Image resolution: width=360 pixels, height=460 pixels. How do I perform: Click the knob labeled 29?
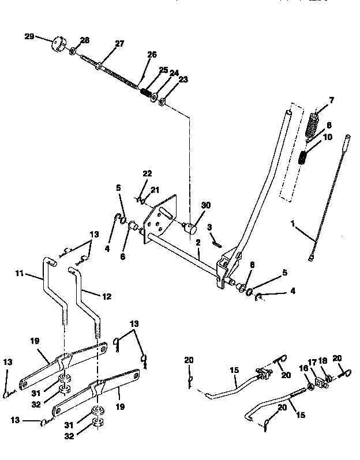pos(58,44)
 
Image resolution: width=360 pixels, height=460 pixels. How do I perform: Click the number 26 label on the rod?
pos(152,55)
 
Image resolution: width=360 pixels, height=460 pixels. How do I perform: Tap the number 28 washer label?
pos(85,40)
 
